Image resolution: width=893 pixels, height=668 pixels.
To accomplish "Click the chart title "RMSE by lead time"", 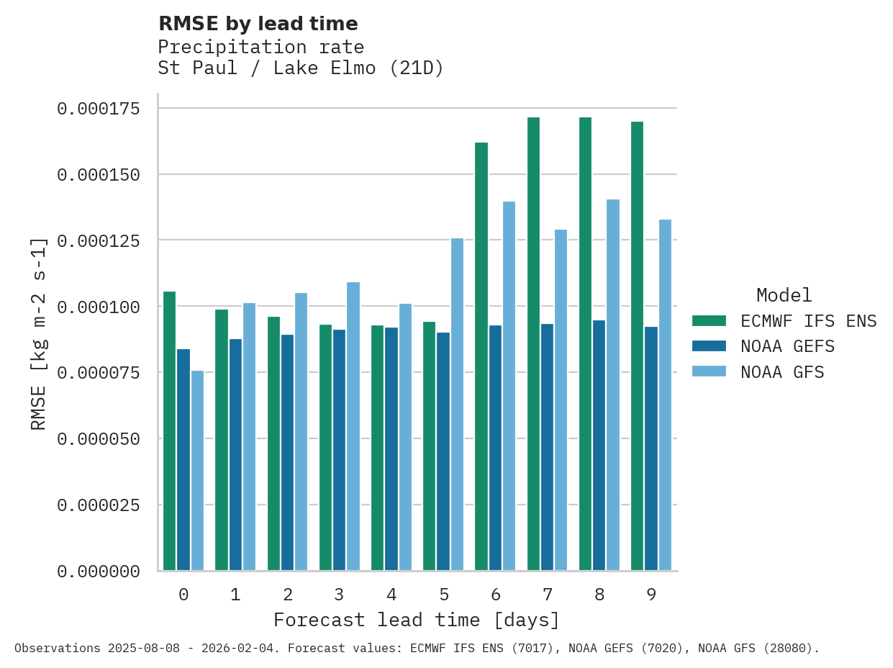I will tap(258, 24).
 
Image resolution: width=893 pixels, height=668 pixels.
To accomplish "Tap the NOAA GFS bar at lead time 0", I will tap(197, 471).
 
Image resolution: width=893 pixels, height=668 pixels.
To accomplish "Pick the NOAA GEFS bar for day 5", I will tap(443, 451).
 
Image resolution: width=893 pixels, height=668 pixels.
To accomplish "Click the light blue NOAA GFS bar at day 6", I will tap(509, 386).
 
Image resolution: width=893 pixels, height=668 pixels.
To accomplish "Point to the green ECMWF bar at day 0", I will tap(170, 431).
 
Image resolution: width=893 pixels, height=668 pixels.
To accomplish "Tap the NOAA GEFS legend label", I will tap(787, 347).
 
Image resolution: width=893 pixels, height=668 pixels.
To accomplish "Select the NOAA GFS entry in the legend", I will tap(782, 372).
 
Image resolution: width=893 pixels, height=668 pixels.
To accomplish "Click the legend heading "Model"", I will tap(784, 295).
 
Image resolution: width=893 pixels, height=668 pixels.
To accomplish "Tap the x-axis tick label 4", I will tap(391, 595).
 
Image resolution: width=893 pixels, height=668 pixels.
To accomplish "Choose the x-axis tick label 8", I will tap(599, 595).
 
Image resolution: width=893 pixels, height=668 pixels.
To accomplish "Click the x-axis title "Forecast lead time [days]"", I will tap(417, 620).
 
